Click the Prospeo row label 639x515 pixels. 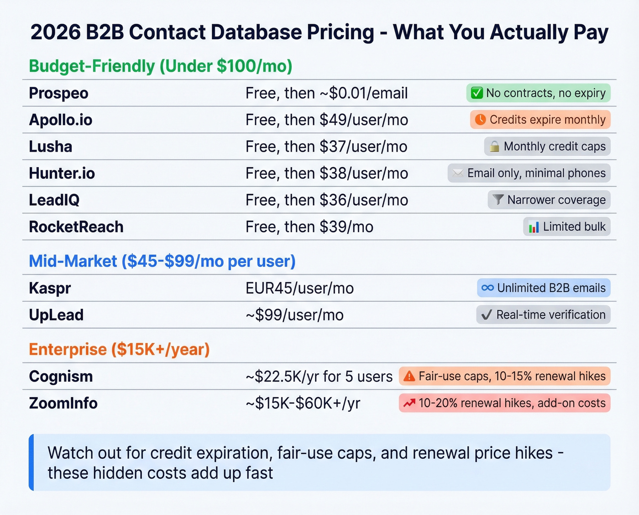coord(58,93)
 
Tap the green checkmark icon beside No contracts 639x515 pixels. coord(477,93)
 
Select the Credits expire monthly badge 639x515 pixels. coord(540,120)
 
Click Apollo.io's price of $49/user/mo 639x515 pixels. coord(326,120)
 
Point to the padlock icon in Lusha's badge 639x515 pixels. coord(494,147)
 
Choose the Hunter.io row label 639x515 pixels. coord(62,173)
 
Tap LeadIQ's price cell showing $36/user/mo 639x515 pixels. coord(326,200)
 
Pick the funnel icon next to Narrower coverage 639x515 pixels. coord(498,200)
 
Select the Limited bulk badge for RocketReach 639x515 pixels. coord(566,227)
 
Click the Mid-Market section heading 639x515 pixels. coord(162,261)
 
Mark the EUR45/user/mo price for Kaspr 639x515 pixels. coord(299,288)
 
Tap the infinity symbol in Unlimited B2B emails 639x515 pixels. coord(487,288)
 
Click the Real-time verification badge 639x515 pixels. coord(543,315)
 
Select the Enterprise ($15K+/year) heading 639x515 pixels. coord(119,350)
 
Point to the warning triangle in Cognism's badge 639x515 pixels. coord(409,377)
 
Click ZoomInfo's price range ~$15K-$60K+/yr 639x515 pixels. coord(303,403)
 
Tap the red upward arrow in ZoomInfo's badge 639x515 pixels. coord(409,403)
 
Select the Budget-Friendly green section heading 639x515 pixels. coord(160,66)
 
